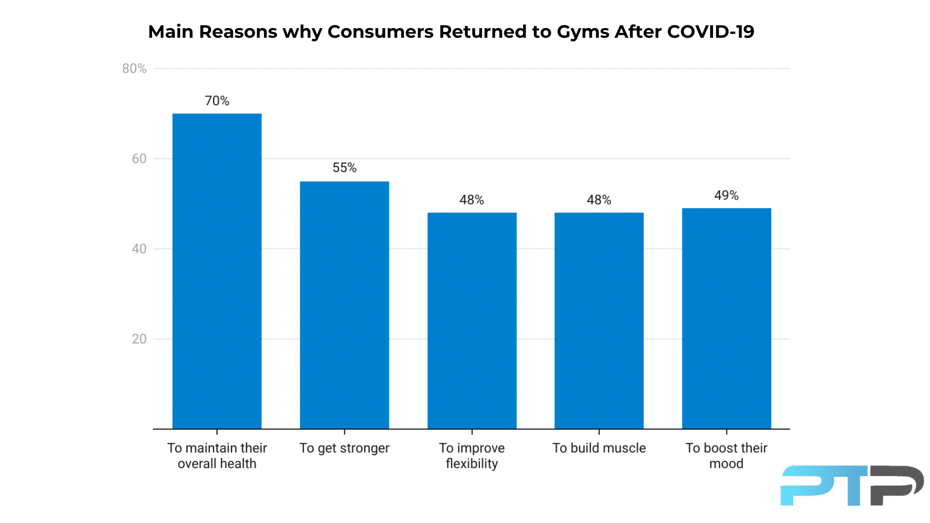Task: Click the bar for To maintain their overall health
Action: click(217, 271)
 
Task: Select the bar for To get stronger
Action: click(344, 305)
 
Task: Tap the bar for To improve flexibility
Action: click(472, 321)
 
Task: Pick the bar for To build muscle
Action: click(599, 321)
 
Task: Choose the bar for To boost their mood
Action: click(727, 319)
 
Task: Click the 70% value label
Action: click(217, 101)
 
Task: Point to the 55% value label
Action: click(344, 168)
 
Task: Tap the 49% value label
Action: click(727, 195)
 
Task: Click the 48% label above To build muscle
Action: click(599, 200)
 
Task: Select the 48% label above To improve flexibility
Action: click(472, 200)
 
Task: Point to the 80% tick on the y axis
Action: click(134, 69)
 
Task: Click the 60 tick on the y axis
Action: click(139, 159)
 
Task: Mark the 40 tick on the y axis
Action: click(139, 249)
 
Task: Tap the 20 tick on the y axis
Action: click(139, 339)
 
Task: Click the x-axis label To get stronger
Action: click(344, 448)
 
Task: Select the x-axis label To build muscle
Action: click(599, 448)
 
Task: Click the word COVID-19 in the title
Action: click(710, 32)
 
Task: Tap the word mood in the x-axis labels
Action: click(726, 464)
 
